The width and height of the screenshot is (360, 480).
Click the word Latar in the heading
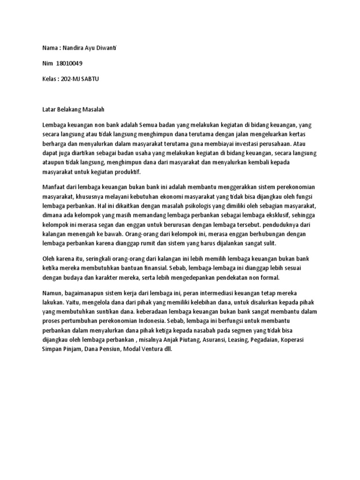pyautogui.click(x=49, y=110)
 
